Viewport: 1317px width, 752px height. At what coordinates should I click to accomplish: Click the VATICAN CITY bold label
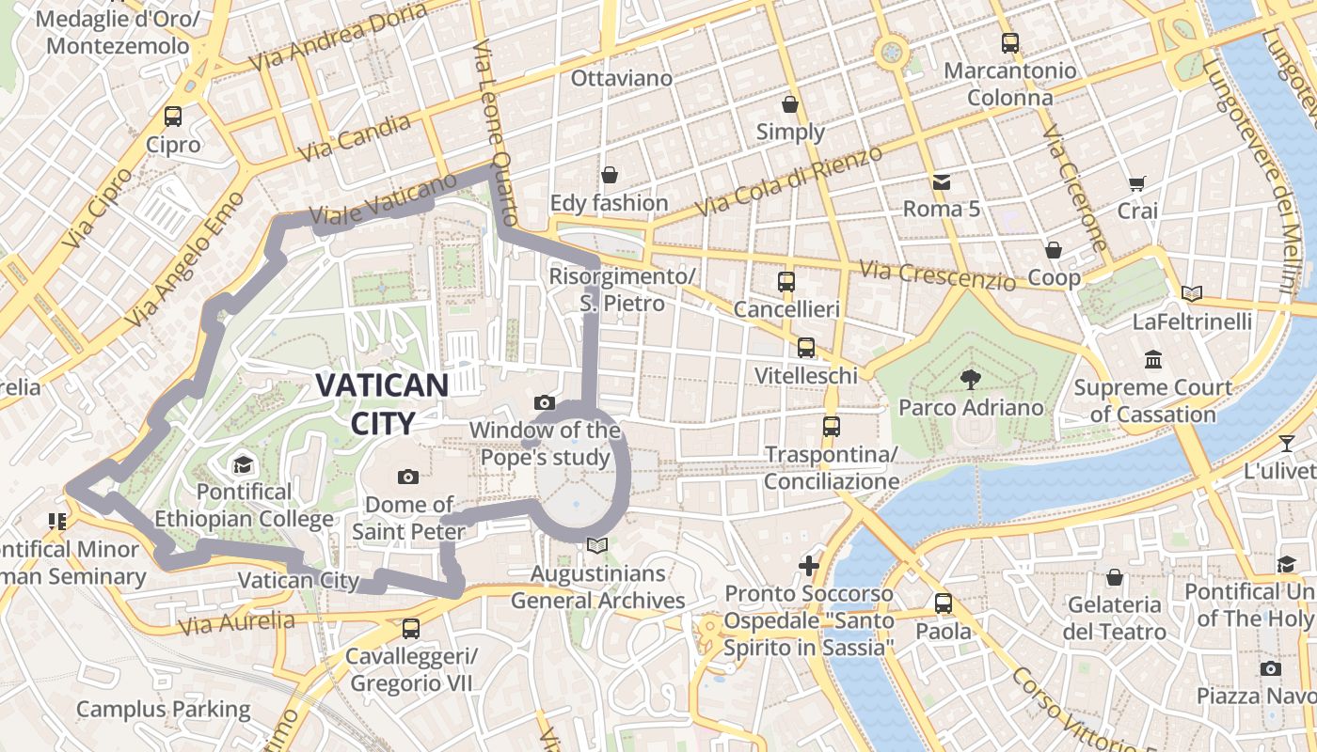(381, 403)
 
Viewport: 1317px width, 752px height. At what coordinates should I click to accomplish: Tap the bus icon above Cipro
(173, 117)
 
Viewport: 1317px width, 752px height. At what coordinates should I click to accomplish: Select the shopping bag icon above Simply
(790, 103)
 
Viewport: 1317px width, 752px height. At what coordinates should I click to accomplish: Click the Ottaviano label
(622, 78)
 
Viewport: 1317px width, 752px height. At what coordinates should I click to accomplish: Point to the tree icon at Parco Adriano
(970, 380)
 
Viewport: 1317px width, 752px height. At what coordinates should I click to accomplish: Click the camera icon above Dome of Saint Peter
(408, 477)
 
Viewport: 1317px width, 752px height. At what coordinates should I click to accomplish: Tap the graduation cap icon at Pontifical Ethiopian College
(244, 464)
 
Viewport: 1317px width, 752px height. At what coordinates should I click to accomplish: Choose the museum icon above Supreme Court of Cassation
(1153, 359)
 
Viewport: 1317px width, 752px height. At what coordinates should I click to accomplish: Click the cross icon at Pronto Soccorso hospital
(809, 566)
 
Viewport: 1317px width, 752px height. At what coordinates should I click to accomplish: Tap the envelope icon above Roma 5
(941, 181)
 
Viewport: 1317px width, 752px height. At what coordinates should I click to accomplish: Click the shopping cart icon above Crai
(1137, 184)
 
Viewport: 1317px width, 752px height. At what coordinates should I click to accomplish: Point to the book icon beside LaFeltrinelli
(1192, 293)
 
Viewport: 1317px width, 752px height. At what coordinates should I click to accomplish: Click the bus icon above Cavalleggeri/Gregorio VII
(411, 628)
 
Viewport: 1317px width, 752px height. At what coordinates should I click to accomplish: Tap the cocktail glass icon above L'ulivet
(1287, 443)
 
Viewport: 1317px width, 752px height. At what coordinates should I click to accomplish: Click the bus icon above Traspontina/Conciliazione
(831, 426)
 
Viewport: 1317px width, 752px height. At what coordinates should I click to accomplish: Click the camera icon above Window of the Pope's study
(545, 403)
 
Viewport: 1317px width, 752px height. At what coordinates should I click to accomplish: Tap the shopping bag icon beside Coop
(1054, 250)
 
